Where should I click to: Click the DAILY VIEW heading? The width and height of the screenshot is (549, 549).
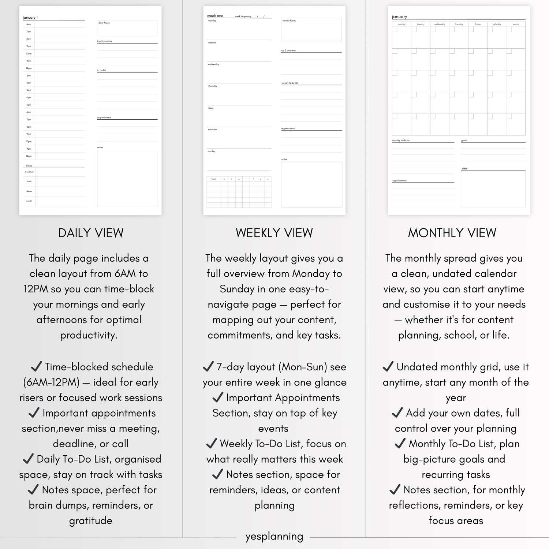tap(91, 233)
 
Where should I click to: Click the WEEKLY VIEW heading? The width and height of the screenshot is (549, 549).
tap(274, 233)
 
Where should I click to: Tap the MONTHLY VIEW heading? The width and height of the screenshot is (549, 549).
tap(452, 233)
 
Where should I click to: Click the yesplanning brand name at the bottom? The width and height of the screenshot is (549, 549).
tap(274, 537)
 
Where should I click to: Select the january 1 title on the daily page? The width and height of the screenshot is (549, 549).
tap(30, 18)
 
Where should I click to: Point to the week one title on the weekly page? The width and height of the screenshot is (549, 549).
tap(215, 16)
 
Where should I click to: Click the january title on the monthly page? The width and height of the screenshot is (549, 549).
tap(399, 17)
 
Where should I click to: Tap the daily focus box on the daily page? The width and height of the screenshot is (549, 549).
tap(127, 28)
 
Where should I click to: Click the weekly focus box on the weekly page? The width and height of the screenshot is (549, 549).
tap(311, 29)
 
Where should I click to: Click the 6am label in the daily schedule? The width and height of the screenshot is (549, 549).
tap(29, 25)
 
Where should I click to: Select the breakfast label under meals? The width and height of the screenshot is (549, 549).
tap(29, 172)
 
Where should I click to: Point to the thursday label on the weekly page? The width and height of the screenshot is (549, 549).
tap(213, 86)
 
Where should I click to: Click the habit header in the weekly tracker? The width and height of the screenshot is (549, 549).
tap(214, 179)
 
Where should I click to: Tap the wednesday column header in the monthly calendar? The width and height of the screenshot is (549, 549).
tap(440, 24)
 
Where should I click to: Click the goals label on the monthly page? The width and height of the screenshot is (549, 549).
tap(464, 141)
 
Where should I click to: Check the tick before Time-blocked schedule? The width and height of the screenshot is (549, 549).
tap(36, 366)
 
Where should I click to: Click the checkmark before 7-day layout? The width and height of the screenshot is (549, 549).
tap(208, 366)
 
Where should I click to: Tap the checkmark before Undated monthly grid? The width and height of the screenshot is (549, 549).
tap(388, 366)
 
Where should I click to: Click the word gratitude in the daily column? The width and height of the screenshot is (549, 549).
tap(91, 521)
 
